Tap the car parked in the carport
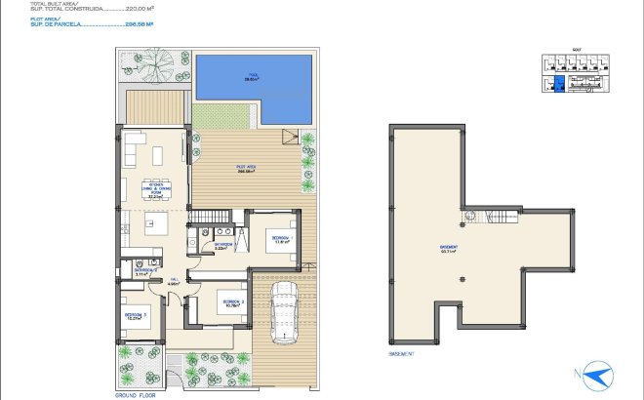(284, 310)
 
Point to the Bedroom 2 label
(232, 303)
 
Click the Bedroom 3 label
(135, 316)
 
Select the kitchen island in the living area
(154, 225)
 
